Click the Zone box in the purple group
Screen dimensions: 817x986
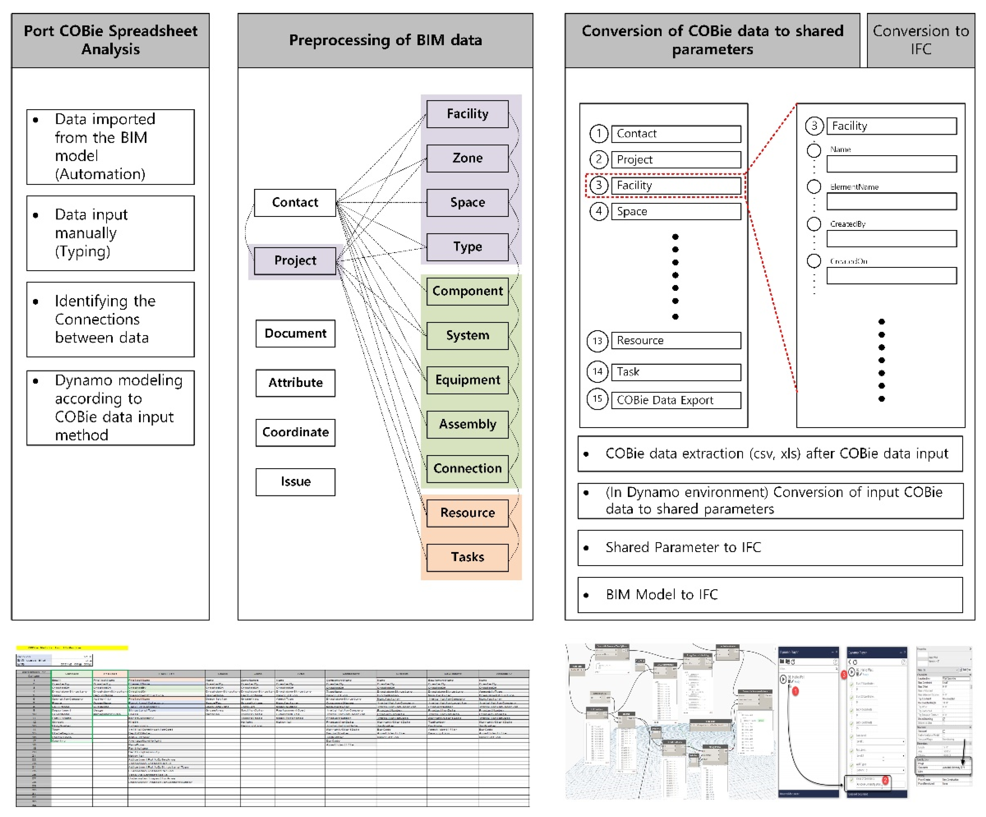[x=467, y=158]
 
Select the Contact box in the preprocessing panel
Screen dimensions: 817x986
[x=295, y=202]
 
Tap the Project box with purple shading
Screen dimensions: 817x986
[x=295, y=261]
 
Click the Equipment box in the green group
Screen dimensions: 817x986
[x=467, y=380]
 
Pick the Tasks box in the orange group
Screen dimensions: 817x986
[x=467, y=557]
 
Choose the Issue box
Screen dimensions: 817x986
[x=295, y=482]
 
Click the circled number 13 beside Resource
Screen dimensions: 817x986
[x=597, y=341]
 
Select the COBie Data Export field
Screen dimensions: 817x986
[x=676, y=400]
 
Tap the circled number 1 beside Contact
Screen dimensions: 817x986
[x=599, y=134]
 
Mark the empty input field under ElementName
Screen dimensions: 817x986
[x=891, y=202]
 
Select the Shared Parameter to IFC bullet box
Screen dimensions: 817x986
[x=770, y=547]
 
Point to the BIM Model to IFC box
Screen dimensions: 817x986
[x=770, y=595]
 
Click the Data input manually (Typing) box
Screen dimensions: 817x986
[x=110, y=233]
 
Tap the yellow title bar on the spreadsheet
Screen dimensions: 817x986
[x=72, y=648]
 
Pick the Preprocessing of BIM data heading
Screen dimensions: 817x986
[x=385, y=40]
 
